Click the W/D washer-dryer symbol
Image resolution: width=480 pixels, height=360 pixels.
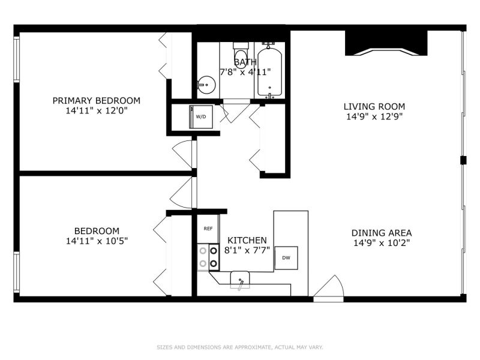[201, 116]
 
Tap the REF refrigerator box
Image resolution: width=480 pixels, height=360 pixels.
[208, 229]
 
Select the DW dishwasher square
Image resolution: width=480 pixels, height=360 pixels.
[286, 258]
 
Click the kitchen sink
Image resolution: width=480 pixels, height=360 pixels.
[240, 280]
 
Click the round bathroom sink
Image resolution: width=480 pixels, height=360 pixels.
[206, 85]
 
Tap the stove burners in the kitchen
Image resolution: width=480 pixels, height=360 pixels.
[208, 257]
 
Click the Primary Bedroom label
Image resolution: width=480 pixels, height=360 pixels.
[97, 100]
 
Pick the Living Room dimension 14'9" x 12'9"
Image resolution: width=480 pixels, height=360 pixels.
[374, 116]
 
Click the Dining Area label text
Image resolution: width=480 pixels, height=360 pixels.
[382, 233]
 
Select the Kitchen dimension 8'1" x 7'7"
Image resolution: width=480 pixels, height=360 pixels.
[247, 250]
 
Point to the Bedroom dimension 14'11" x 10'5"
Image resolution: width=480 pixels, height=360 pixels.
[97, 241]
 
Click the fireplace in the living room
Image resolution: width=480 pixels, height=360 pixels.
[386, 43]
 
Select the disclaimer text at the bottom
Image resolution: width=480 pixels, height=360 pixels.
[239, 347]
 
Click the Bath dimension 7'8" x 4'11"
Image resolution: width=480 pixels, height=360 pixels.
[245, 72]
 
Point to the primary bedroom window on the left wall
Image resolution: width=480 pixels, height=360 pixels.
[16, 59]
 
